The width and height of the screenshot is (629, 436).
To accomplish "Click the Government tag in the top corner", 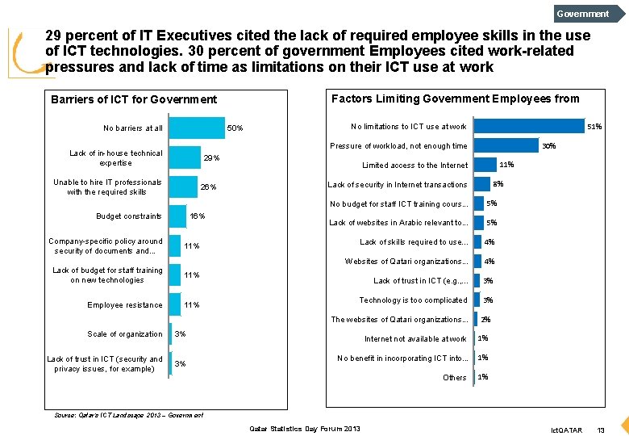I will (583, 13).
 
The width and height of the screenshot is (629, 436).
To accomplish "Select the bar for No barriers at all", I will (197, 128).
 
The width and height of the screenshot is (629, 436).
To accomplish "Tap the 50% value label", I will (235, 128).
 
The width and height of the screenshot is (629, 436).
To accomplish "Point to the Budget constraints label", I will (129, 216).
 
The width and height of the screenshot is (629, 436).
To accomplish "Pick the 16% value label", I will (197, 216).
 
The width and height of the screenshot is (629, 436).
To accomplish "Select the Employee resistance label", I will (125, 305).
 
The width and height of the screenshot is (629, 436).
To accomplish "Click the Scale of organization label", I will (125, 334).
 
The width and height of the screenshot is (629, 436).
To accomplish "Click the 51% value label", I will (594, 127).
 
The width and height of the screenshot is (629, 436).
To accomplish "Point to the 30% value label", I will (548, 146).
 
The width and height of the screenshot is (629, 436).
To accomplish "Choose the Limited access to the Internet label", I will (414, 166).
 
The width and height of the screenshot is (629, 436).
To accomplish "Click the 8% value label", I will (498, 184).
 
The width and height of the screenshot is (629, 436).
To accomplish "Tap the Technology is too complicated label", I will (413, 300).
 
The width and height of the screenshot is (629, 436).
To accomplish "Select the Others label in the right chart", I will (455, 378).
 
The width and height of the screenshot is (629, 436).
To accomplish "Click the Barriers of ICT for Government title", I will (134, 99).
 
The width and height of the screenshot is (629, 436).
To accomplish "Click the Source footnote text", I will (128, 415).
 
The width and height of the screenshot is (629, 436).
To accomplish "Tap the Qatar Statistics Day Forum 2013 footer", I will (306, 429).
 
